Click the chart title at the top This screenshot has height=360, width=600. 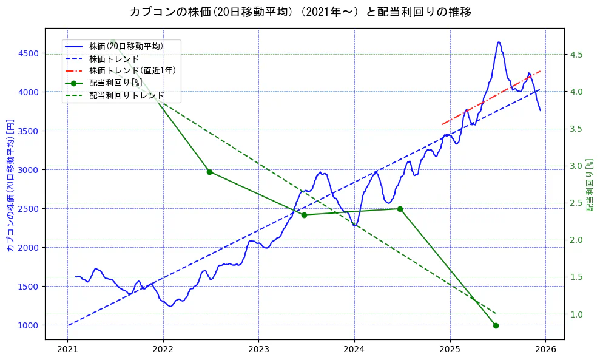pyautogui.click(x=300, y=12)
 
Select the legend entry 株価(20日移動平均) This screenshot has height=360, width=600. pyautogui.click(x=126, y=46)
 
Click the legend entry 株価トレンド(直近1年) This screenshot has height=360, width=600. pyautogui.click(x=132, y=70)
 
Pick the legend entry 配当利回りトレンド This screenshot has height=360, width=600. pyautogui.click(x=126, y=95)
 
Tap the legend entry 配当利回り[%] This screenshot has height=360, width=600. pyautogui.click(x=115, y=83)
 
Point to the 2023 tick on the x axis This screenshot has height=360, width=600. pyautogui.click(x=258, y=349)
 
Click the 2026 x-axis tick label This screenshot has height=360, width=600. pyautogui.click(x=545, y=349)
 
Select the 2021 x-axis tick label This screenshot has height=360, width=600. pyautogui.click(x=67, y=349)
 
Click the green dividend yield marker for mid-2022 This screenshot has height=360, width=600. pyautogui.click(x=209, y=172)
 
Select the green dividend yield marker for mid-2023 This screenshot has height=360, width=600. pyautogui.click(x=304, y=215)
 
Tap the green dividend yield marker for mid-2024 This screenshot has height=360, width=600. pyautogui.click(x=400, y=209)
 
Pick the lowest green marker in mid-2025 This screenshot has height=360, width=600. pyautogui.click(x=496, y=325)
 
